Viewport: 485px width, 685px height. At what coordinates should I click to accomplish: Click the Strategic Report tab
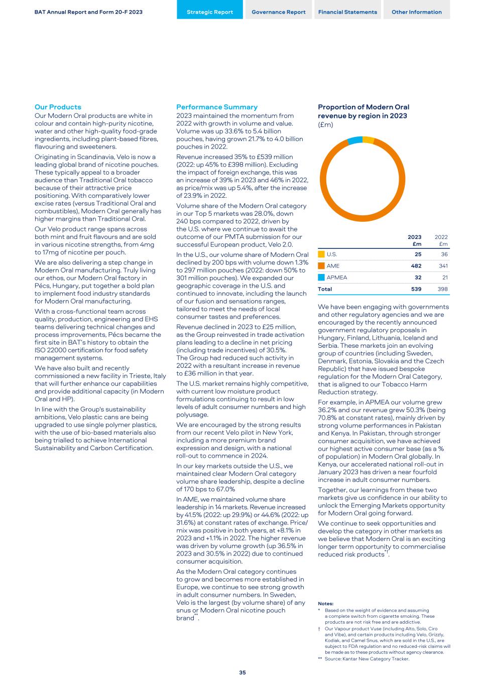pyautogui.click(x=210, y=12)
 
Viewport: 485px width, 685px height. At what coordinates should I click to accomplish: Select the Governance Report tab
pyautogui.click(x=279, y=12)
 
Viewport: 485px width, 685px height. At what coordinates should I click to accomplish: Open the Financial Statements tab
pyautogui.click(x=347, y=12)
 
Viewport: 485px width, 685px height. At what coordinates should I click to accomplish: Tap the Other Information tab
pyautogui.click(x=417, y=12)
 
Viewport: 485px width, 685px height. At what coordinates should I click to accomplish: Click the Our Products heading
pyautogui.click(x=58, y=107)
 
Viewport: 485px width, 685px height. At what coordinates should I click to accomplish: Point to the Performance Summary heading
pyautogui.click(x=217, y=107)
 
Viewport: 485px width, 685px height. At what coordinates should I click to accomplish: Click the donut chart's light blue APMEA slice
pyautogui.click(x=355, y=141)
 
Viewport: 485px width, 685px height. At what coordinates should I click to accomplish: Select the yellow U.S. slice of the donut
pyautogui.click(x=368, y=140)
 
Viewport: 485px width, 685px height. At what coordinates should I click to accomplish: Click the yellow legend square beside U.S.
pyautogui.click(x=321, y=254)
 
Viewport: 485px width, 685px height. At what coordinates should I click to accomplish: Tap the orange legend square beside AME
pyautogui.click(x=321, y=266)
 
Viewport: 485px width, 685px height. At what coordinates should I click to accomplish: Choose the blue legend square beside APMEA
pyautogui.click(x=321, y=278)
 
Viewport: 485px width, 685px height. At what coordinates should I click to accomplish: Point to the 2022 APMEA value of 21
pyautogui.click(x=444, y=278)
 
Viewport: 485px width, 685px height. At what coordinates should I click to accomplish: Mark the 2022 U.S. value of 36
pyautogui.click(x=444, y=254)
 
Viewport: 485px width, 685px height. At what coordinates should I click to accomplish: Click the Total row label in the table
pyautogui.click(x=325, y=289)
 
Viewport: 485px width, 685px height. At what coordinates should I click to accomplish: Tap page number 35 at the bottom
pyautogui.click(x=243, y=672)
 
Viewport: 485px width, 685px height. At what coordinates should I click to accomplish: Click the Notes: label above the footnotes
pyautogui.click(x=326, y=604)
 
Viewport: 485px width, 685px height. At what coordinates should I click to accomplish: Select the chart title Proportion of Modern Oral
pyautogui.click(x=363, y=107)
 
